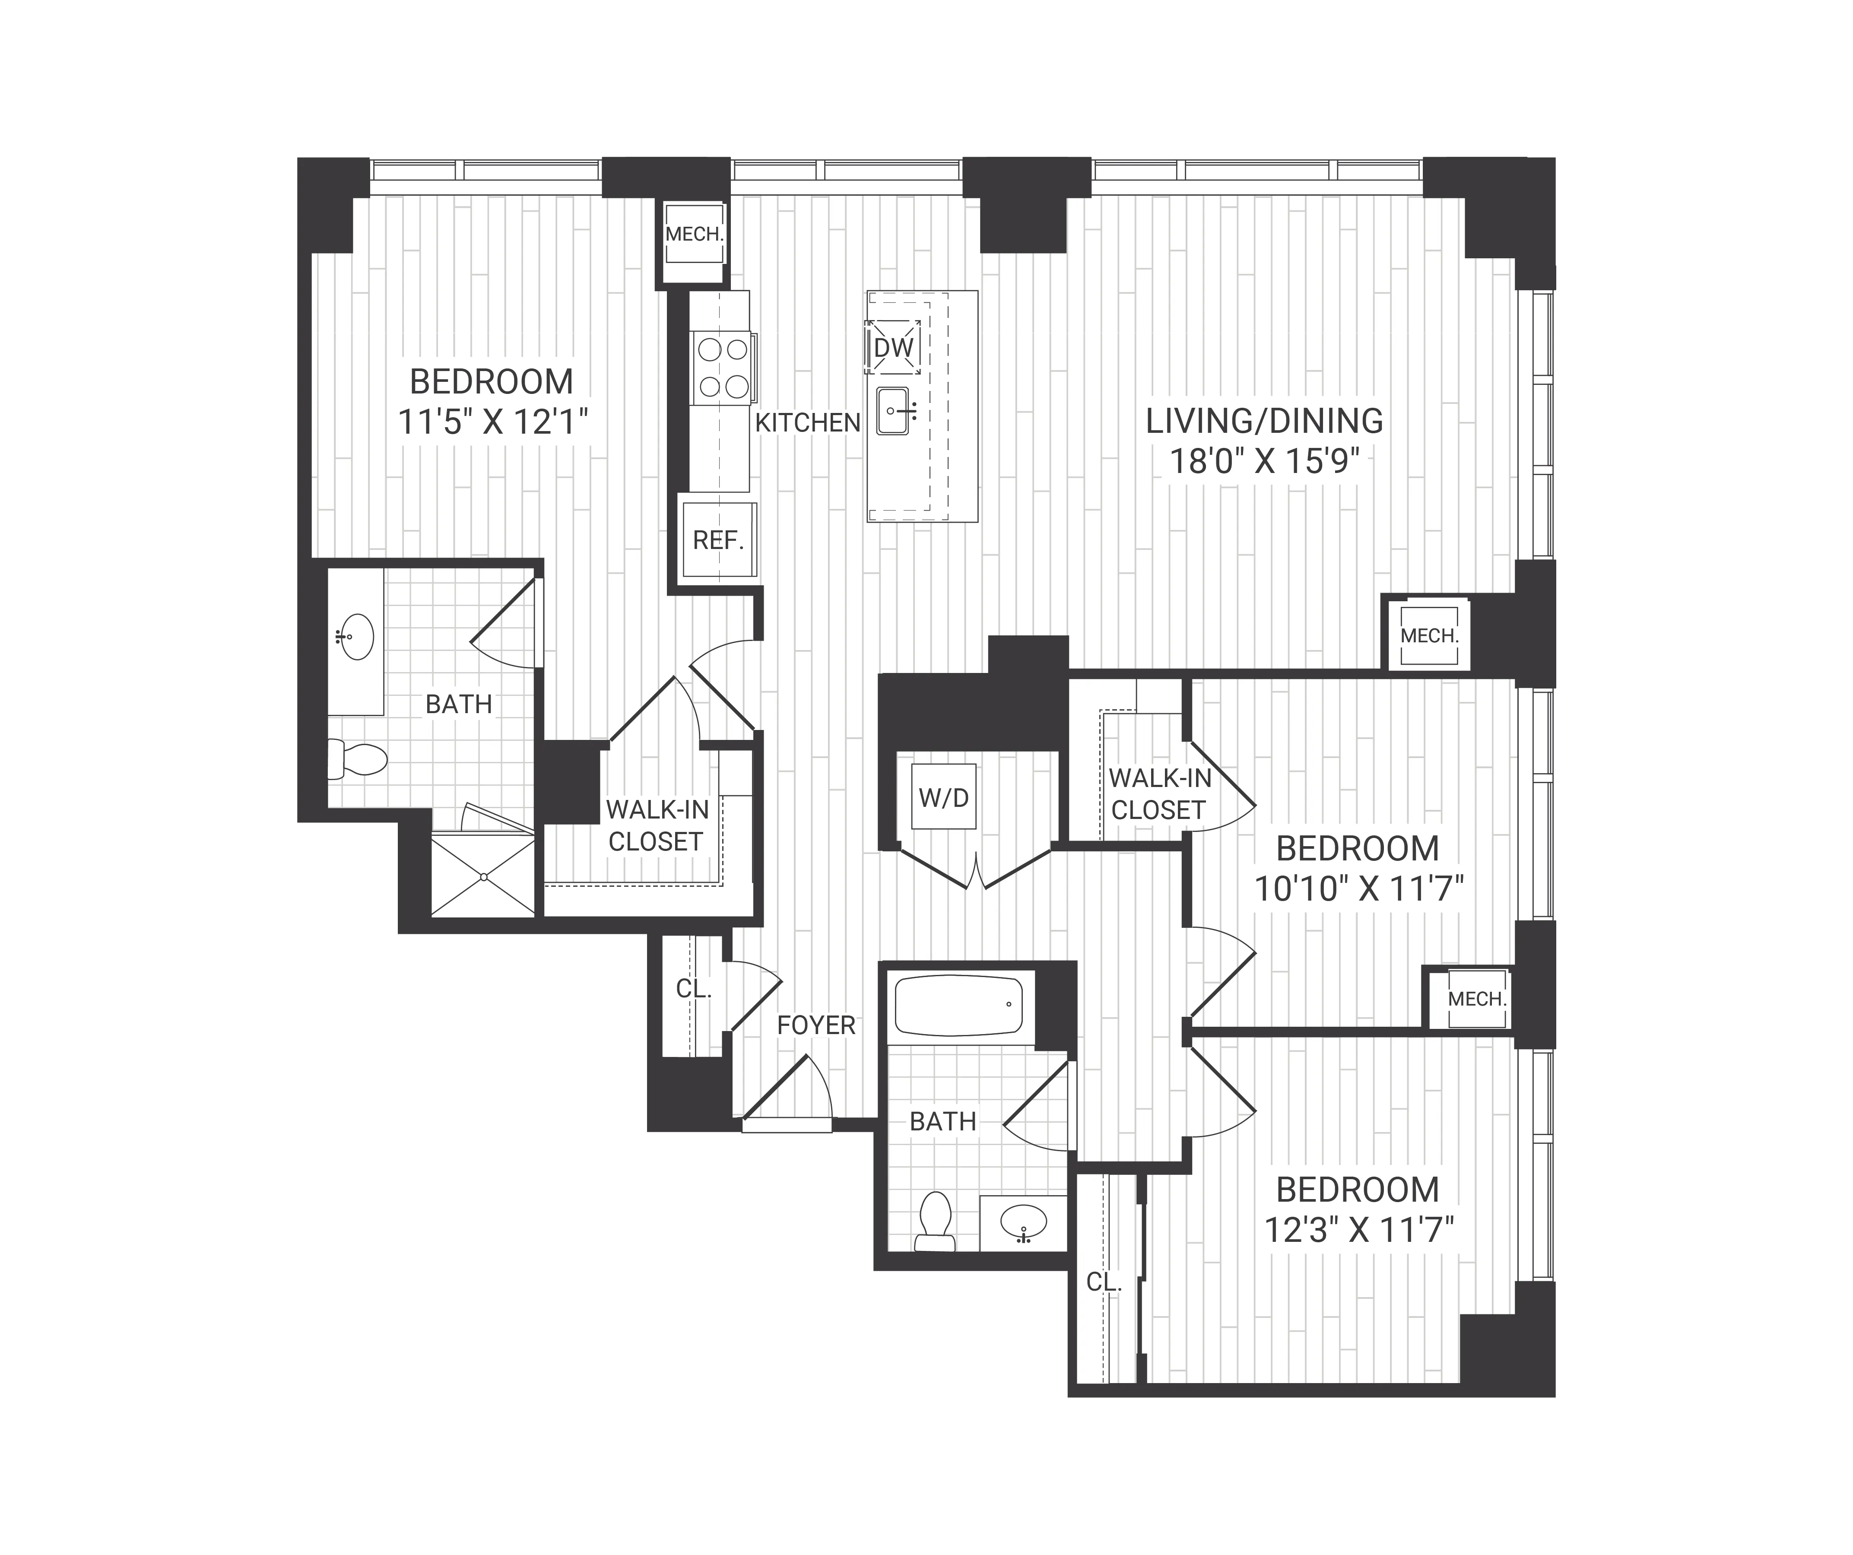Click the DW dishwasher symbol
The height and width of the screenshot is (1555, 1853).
click(x=893, y=348)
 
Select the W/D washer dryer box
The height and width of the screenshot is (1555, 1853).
click(x=943, y=797)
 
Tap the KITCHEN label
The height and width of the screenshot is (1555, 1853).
click(x=807, y=423)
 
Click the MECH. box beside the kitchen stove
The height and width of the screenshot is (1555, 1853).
click(x=695, y=235)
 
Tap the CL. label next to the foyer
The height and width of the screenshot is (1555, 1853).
click(x=694, y=989)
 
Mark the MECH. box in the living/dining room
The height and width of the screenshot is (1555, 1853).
click(x=1428, y=635)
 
